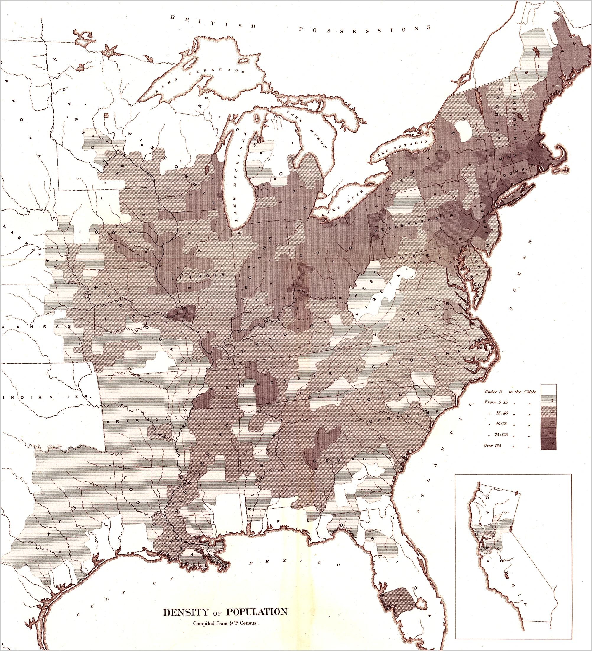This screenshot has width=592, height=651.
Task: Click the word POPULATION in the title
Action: pos(256,612)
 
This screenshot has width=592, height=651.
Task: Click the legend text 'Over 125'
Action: pos(492,446)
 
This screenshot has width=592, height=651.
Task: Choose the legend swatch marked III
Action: pos(549,422)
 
